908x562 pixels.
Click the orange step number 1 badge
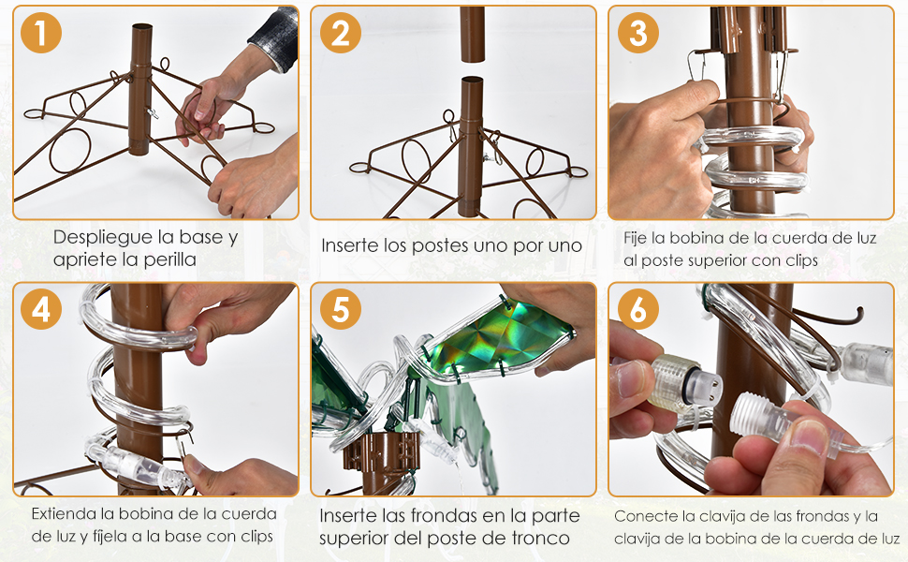41,33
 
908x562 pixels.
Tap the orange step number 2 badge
340,33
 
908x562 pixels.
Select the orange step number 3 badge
638,33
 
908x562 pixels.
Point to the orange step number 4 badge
41,309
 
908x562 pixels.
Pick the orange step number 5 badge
340,309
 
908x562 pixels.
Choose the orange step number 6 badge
638,309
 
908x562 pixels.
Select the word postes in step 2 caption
438,246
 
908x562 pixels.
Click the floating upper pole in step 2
473,34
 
